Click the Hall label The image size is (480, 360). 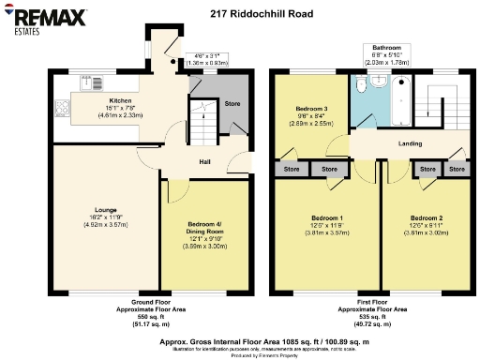point(204,161)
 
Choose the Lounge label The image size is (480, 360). point(106,211)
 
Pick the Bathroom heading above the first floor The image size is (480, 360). point(385,47)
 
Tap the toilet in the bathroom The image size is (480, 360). point(379,83)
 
